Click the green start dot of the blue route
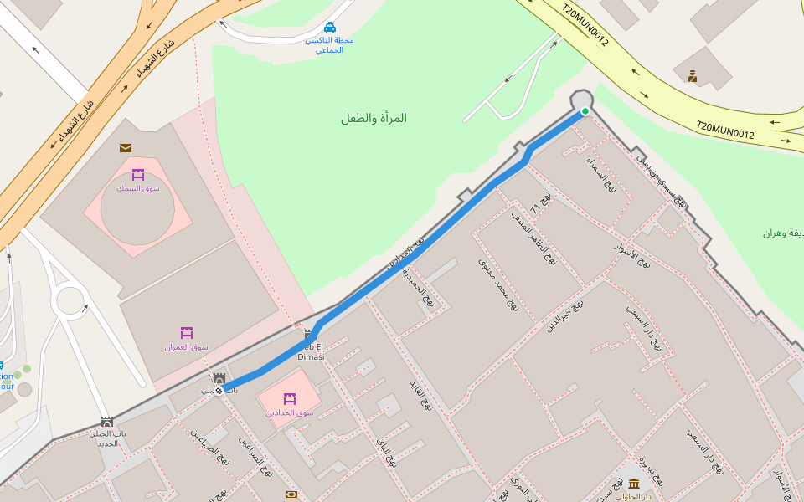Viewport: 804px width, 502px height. click(585, 111)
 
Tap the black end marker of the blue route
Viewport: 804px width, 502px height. click(219, 390)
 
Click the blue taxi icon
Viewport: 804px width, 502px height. click(330, 28)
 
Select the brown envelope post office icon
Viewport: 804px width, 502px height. click(126, 148)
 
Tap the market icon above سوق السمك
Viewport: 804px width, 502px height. click(138, 175)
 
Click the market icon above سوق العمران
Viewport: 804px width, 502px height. click(186, 333)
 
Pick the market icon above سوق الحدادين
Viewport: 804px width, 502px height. click(290, 399)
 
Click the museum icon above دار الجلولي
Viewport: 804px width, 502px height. click(634, 484)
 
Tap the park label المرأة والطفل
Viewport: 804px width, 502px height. click(374, 118)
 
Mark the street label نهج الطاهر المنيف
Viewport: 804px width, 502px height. click(534, 237)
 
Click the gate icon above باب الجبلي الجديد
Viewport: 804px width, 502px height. click(106, 423)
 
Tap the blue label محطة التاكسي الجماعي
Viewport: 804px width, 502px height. click(329, 45)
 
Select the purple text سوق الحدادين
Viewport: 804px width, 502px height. click(290, 412)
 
